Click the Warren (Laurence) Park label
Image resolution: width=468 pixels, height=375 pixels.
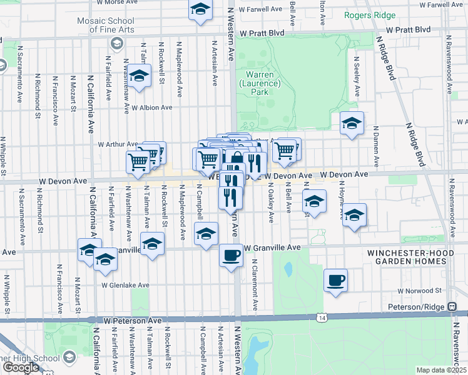pos(253,82)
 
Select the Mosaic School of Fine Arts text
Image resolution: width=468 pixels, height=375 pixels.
pos(116,26)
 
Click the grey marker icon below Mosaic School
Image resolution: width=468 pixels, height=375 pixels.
pos(116,42)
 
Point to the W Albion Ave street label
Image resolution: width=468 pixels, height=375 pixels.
pos(151,107)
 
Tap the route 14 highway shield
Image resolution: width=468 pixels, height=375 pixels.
pos(321,318)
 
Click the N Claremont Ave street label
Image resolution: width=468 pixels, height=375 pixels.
pos(255,284)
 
